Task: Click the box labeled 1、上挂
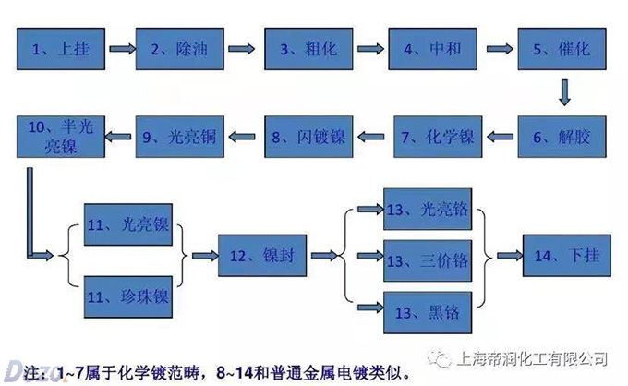(x=59, y=50)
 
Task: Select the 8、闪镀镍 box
(x=309, y=138)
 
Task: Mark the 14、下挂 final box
(x=567, y=256)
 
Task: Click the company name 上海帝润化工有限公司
(x=532, y=357)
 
